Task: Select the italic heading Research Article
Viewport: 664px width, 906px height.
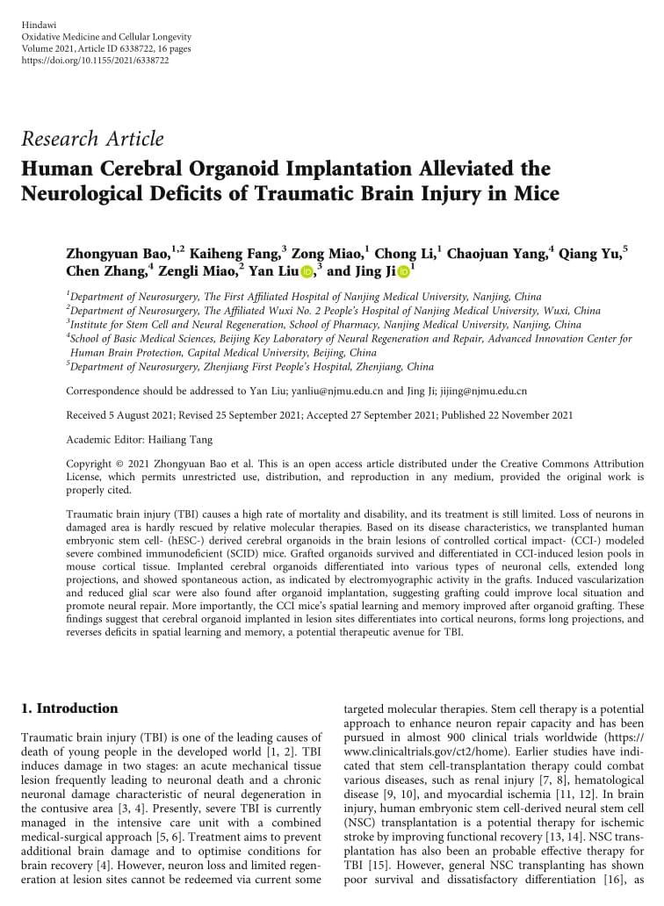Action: pos(92,139)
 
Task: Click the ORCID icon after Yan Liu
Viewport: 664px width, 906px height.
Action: pos(307,273)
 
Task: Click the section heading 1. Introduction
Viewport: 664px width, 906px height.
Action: pos(69,708)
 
